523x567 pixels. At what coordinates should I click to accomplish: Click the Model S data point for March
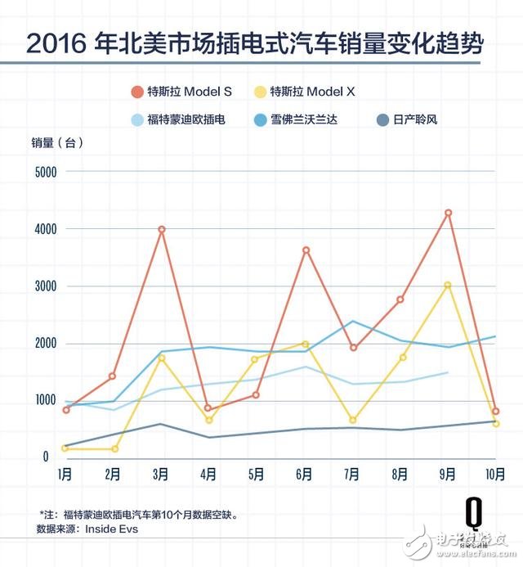(x=162, y=230)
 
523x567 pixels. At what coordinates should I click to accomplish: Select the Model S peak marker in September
(x=448, y=213)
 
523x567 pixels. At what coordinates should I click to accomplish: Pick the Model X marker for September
(x=448, y=286)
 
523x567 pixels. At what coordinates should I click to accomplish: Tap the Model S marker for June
(x=306, y=250)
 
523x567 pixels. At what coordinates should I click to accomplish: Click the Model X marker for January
(x=65, y=448)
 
